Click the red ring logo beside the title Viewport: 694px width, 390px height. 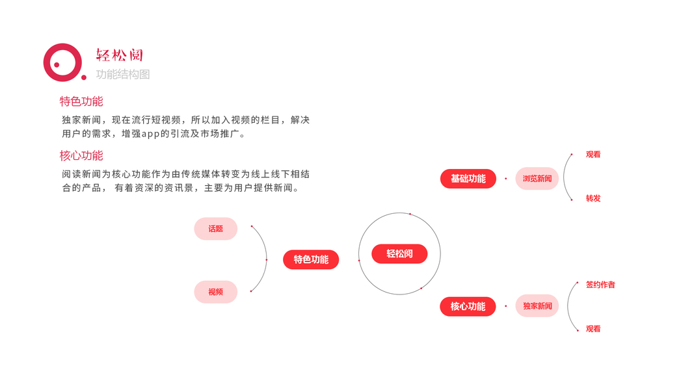(62, 62)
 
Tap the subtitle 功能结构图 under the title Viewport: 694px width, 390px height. (123, 75)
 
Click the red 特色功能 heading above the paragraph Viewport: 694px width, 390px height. (81, 101)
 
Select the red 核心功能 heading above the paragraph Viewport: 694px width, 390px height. (81, 156)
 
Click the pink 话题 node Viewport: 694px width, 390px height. (215, 229)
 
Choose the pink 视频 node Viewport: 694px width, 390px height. (215, 292)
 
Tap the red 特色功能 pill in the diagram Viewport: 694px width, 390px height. (311, 259)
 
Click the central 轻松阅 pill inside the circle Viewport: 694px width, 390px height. (399, 253)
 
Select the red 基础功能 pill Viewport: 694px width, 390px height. (468, 179)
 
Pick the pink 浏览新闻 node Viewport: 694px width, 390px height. (537, 179)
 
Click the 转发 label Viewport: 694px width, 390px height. (593, 198)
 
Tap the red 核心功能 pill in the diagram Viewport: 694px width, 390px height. (468, 306)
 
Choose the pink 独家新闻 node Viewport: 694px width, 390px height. (537, 306)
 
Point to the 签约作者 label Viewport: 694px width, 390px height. (600, 285)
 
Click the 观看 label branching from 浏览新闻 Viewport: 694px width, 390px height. (593, 155)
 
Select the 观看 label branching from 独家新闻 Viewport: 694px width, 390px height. (593, 329)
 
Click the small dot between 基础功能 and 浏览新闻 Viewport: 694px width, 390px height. (505, 179)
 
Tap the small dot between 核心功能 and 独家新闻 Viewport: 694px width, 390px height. (505, 306)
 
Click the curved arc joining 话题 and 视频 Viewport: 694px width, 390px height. (266, 259)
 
